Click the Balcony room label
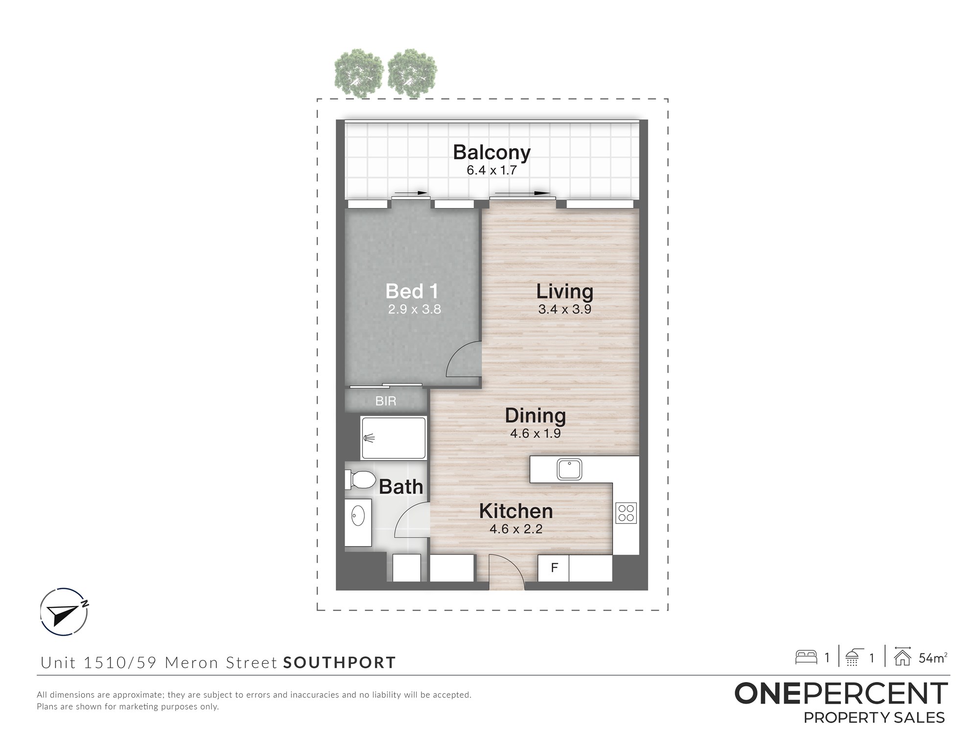coord(491,152)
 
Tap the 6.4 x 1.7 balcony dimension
coord(491,170)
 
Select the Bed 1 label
coord(412,291)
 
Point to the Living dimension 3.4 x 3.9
coord(564,309)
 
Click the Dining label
coord(535,415)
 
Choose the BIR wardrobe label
coord(386,401)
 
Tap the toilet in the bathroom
coord(360,480)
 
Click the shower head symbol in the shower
coord(369,438)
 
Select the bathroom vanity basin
coord(358,516)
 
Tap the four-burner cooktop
coord(626,513)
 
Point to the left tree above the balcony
coord(359,73)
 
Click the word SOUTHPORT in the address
coord(339,663)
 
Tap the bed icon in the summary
coord(806,657)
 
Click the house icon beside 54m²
coord(902,657)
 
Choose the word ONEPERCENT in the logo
coord(841,693)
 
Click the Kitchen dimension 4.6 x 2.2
coord(516,529)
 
